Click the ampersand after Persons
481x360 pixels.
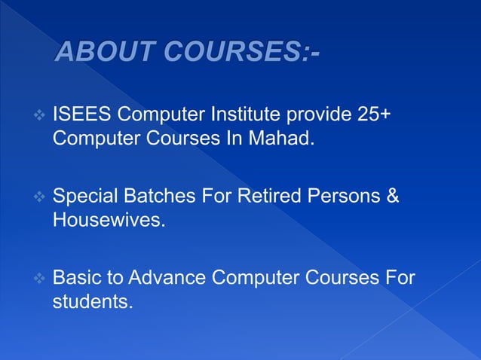[x=393, y=198]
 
